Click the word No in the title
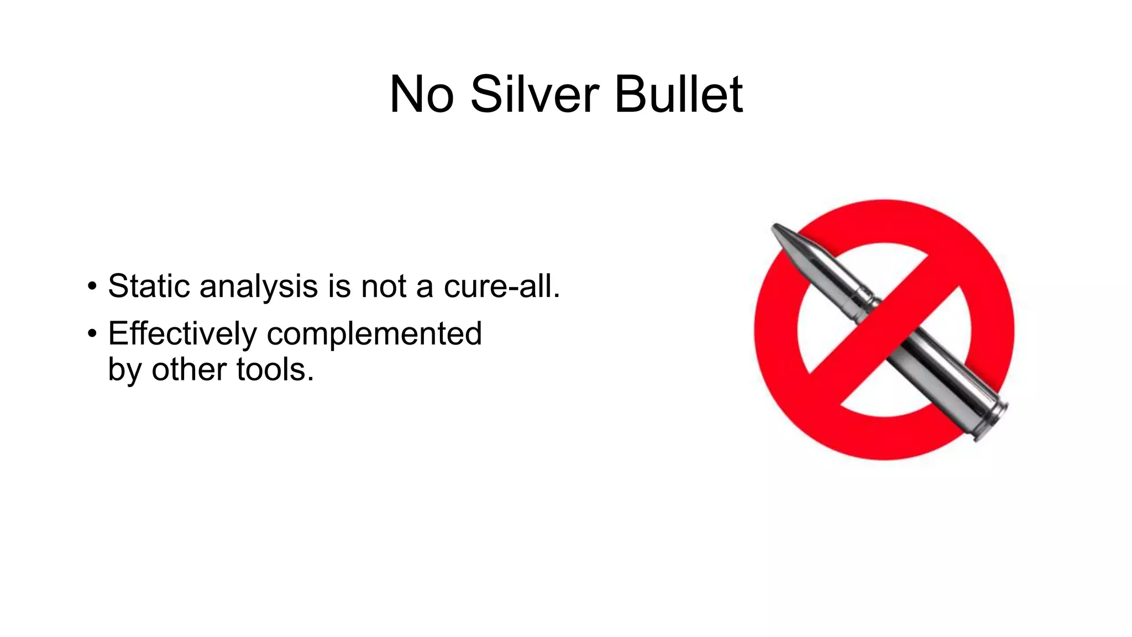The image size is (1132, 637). (x=421, y=95)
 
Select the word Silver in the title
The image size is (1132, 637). (x=534, y=95)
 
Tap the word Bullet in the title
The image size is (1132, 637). (x=678, y=95)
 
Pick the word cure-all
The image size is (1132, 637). (x=502, y=286)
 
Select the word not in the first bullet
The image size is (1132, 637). (x=384, y=286)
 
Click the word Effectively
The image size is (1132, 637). (x=182, y=334)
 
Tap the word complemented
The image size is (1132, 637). (x=374, y=334)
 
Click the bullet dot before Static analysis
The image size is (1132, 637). (x=92, y=287)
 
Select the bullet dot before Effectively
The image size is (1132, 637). (x=92, y=334)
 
